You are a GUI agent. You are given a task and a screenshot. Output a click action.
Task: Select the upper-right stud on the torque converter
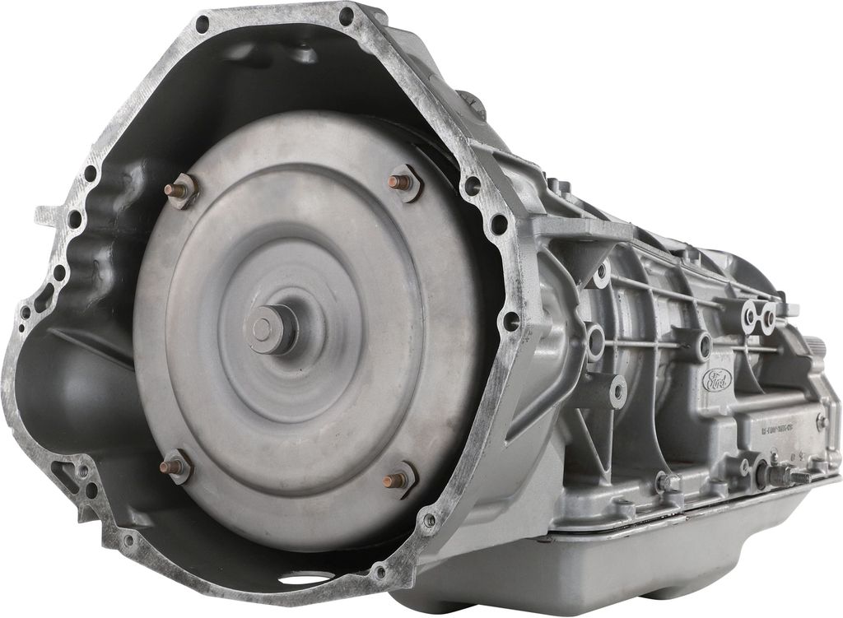click(x=403, y=182)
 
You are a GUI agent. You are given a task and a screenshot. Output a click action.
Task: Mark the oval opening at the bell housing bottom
click(x=306, y=578)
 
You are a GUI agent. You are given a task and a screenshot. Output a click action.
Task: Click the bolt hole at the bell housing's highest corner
click(x=346, y=15)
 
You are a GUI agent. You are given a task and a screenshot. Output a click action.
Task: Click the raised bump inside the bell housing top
click(x=305, y=54)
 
